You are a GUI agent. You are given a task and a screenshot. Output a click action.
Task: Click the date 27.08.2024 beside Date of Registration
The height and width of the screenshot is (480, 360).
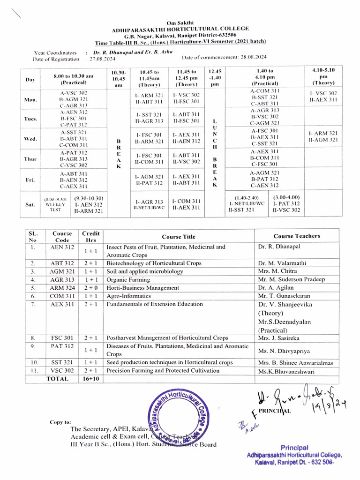[99, 59]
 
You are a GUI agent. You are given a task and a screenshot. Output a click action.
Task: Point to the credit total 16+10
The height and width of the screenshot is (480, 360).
[90, 379]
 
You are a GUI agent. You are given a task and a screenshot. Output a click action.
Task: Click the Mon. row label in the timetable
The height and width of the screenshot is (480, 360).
[30, 100]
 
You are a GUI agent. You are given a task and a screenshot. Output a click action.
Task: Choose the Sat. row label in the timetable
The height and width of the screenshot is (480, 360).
[30, 205]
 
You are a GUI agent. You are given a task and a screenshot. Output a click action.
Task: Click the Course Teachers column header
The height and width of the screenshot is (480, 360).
[297, 236]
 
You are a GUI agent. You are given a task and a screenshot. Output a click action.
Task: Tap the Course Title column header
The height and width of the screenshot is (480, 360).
[179, 237]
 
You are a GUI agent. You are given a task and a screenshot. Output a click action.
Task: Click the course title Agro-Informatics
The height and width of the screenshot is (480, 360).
[129, 296]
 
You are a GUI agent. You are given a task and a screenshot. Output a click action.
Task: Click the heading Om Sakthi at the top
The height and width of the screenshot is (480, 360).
[180, 22]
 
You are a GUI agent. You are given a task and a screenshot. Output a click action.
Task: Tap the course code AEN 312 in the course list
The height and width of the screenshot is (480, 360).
[62, 247]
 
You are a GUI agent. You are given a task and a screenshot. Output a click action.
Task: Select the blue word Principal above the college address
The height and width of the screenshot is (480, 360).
[294, 448]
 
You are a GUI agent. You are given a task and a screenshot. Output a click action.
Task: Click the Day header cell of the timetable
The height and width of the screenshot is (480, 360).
[30, 80]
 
